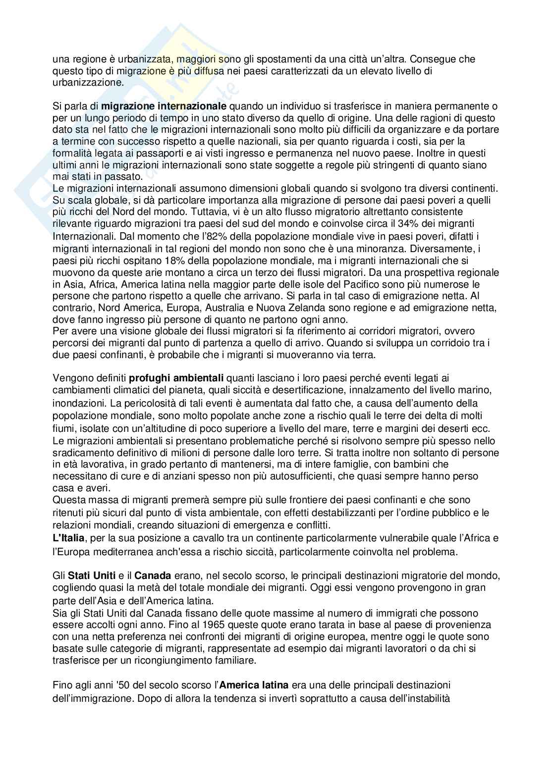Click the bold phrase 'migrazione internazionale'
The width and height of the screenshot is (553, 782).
(x=164, y=106)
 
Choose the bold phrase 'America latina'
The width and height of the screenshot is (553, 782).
(x=254, y=686)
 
